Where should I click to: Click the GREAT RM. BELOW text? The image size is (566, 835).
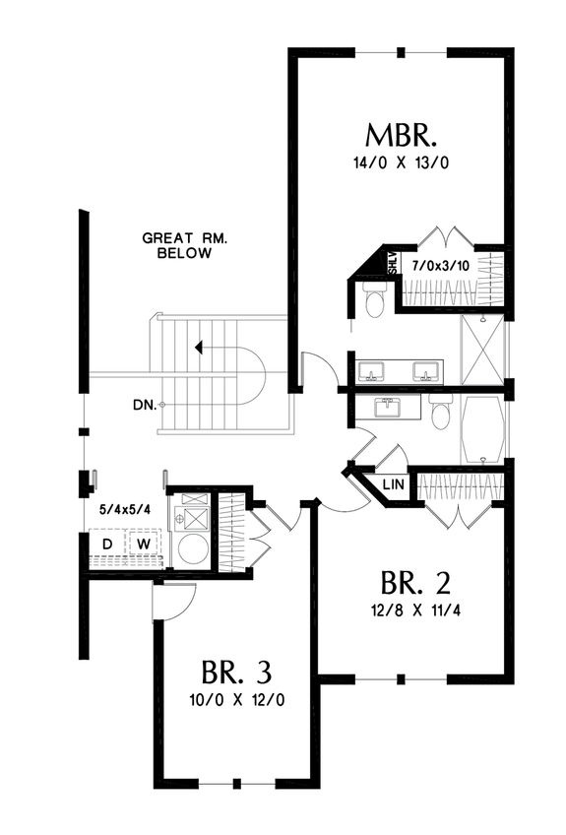click(177, 245)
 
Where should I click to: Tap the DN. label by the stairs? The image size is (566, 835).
click(145, 404)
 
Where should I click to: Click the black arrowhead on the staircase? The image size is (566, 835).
click(200, 347)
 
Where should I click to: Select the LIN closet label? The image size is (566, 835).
click(391, 485)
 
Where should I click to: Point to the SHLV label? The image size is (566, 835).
click(391, 263)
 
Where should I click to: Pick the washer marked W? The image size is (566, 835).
click(143, 545)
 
